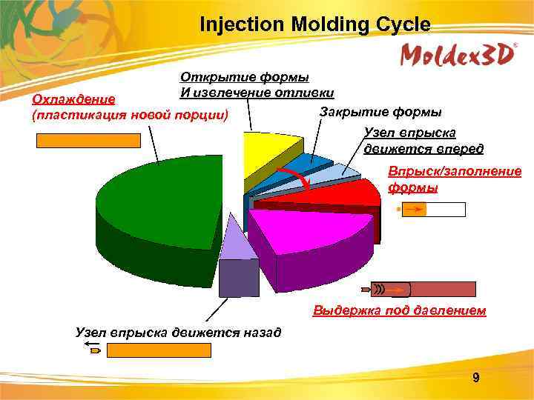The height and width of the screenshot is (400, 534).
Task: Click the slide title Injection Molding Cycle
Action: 314,24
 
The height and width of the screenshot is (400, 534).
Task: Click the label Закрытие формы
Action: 380,112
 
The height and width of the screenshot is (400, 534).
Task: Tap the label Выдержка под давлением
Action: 400,310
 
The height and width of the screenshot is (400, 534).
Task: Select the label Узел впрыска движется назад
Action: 179,331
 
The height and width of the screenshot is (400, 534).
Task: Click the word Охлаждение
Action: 69,100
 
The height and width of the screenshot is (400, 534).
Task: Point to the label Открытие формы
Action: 245,78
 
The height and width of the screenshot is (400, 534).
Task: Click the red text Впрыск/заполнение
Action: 455,172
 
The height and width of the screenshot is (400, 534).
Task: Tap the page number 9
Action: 476,379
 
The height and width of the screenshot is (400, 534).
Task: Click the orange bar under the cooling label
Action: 89,141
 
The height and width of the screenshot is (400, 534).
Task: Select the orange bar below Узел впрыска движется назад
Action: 159,350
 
